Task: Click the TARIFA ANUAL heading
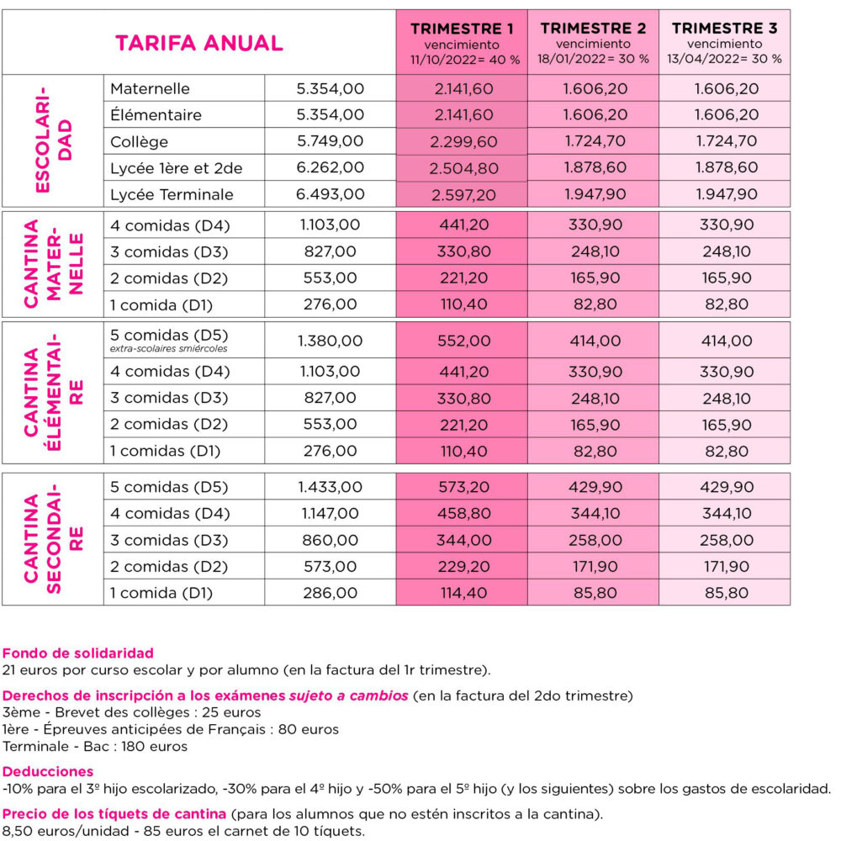click(198, 43)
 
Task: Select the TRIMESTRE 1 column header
click(461, 29)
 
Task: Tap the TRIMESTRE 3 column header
click(724, 29)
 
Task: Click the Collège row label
click(139, 141)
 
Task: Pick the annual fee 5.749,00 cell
click(331, 141)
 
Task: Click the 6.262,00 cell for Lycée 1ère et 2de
click(331, 167)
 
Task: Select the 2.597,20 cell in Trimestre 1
click(462, 194)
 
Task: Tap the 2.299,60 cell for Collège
click(462, 141)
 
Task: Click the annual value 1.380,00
click(331, 341)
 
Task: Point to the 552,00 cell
click(462, 341)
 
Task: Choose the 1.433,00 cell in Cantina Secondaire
click(331, 487)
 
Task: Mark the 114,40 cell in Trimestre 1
click(462, 593)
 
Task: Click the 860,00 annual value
click(331, 540)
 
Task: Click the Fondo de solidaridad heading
click(78, 653)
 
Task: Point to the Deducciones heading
click(48, 771)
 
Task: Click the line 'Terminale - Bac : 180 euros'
click(95, 746)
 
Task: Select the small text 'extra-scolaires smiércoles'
click(169, 349)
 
